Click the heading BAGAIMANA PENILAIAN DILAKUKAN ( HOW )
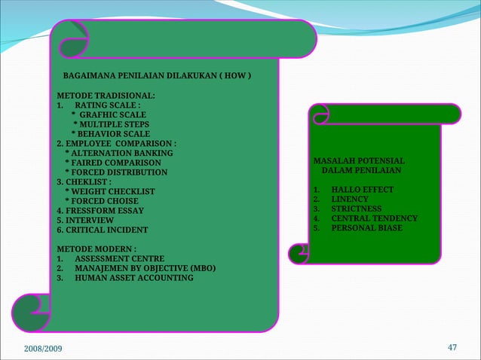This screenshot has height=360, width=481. tap(156, 77)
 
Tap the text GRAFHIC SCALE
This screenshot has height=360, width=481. tap(113, 114)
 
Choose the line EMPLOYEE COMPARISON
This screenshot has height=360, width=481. tap(116, 144)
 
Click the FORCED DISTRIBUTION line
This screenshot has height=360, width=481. tap(116, 172)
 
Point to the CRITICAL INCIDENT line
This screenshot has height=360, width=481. tap(103, 230)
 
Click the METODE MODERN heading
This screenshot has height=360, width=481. tap(97, 249)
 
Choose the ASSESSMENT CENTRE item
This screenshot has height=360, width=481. tap(119, 258)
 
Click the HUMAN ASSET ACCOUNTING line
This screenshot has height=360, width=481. tap(133, 278)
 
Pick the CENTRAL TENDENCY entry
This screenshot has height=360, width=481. tap(374, 218)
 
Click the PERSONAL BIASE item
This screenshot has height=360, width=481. tap(366, 227)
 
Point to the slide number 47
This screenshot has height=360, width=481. tap(452, 347)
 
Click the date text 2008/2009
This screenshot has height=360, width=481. tap(44, 348)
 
